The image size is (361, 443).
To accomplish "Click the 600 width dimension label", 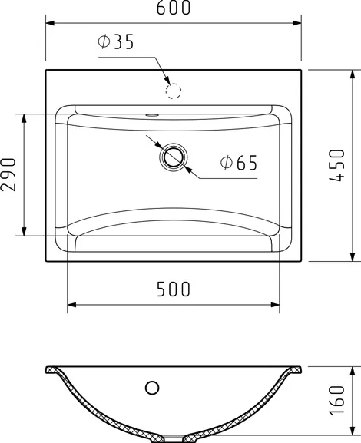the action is point(174,8).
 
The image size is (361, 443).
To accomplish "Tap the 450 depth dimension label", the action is point(337,165).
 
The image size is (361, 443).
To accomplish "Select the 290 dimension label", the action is point(8,174).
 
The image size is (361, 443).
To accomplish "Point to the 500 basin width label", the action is point(174,289).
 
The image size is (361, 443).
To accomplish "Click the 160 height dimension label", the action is point(337,400).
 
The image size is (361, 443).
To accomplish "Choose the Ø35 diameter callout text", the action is point(116,41).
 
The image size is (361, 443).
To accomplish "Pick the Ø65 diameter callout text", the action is point(239,163).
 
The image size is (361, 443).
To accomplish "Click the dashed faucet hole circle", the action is point(174,91).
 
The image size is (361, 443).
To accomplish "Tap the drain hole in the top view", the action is point(174,157).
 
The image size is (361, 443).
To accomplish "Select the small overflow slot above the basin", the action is point(152,115).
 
